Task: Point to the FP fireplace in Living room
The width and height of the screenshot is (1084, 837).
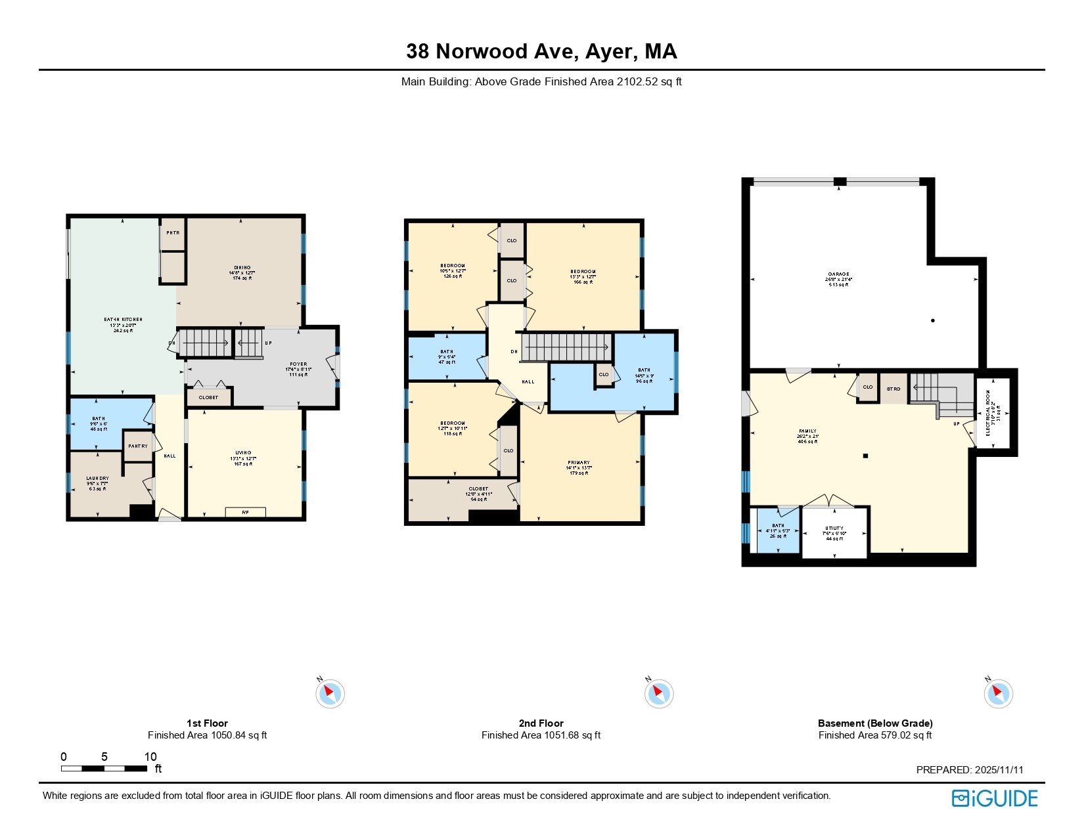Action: click(x=245, y=512)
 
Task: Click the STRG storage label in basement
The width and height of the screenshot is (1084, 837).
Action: click(x=893, y=389)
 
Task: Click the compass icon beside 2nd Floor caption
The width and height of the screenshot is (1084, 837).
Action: click(x=658, y=693)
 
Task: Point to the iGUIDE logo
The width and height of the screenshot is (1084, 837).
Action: click(x=995, y=798)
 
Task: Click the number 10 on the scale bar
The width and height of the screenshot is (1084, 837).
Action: click(x=150, y=756)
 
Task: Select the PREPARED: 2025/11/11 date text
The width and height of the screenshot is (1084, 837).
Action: click(x=970, y=770)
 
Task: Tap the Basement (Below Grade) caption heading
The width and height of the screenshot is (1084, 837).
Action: click(x=875, y=723)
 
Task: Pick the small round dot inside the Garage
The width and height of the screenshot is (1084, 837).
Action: click(x=933, y=320)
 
